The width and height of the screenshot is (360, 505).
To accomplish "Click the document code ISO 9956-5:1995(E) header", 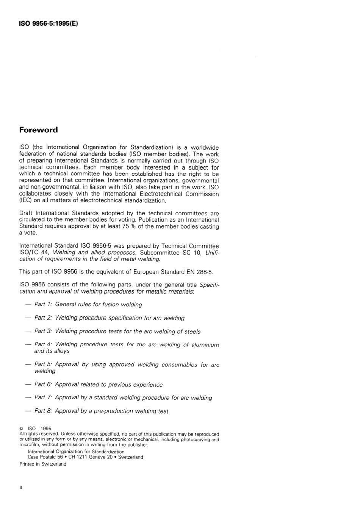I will point(49,23).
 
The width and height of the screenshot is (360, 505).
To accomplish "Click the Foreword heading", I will point(39,130).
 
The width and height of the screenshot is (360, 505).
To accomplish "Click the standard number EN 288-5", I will point(203,272).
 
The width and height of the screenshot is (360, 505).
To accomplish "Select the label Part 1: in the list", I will point(43,305).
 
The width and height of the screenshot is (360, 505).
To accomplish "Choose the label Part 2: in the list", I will point(43,318).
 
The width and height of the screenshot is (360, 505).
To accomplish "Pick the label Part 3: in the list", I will point(43,331).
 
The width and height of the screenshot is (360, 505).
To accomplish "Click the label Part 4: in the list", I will point(43,345).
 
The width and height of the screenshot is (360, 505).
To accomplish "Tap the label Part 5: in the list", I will point(43,364).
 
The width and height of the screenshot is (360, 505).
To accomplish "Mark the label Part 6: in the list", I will point(43,385).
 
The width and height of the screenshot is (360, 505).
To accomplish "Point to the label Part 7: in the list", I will point(43,398).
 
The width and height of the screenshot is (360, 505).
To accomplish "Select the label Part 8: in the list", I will point(43,411).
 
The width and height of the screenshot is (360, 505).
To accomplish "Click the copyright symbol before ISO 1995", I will point(22,429).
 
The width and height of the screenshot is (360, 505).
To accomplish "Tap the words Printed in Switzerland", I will point(43,464).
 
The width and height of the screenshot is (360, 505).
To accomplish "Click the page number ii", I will point(21,487).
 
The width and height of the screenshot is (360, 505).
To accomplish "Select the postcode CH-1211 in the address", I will point(78,457).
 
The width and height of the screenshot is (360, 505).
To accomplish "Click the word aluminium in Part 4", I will point(205,345).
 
